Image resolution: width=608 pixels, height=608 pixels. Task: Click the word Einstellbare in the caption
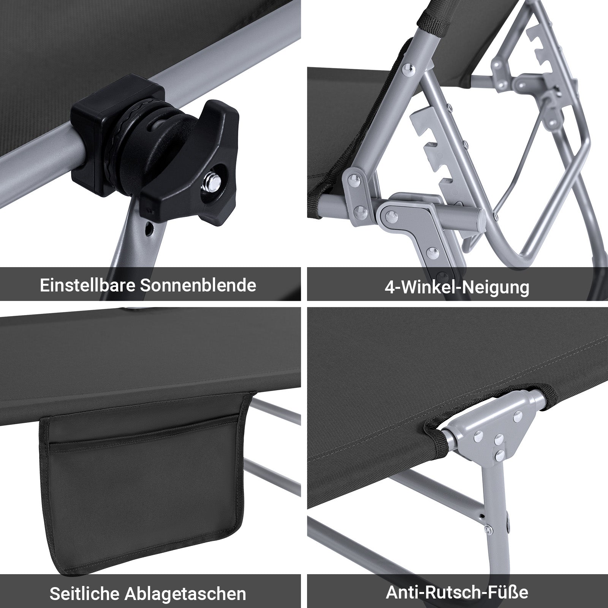(87, 285)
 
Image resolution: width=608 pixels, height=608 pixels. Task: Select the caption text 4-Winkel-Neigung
(457, 287)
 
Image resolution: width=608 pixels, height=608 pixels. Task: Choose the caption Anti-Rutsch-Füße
(457, 591)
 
